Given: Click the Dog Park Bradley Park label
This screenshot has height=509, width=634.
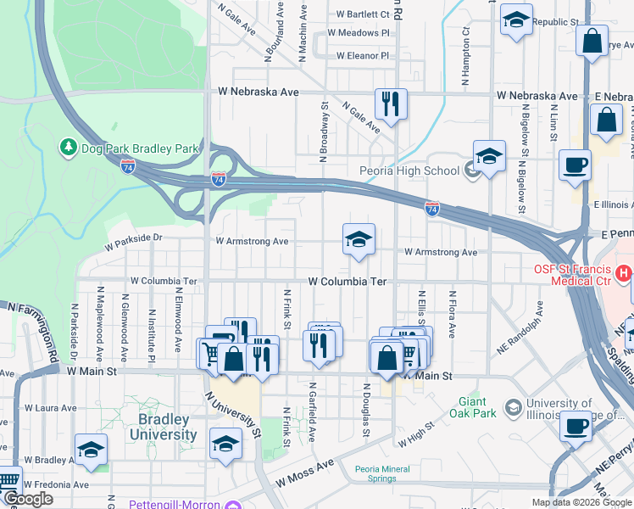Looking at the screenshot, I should [x=140, y=148].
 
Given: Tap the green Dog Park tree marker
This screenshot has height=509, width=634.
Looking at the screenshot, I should [x=68, y=148].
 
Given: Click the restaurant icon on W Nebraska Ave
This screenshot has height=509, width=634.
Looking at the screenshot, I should [x=391, y=104].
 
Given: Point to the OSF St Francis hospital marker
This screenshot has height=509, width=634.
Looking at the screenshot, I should [x=624, y=273].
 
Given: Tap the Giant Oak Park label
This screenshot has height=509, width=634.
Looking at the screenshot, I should [x=472, y=407].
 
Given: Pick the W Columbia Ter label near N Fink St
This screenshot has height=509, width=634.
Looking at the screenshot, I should [x=347, y=280].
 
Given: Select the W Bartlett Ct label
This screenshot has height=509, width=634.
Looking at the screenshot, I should [x=363, y=14].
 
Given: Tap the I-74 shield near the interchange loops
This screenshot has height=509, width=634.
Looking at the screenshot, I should [x=219, y=179].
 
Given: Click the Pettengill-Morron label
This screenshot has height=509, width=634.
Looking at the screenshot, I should [x=175, y=504].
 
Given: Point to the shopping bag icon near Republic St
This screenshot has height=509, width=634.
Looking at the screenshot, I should [x=592, y=40].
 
